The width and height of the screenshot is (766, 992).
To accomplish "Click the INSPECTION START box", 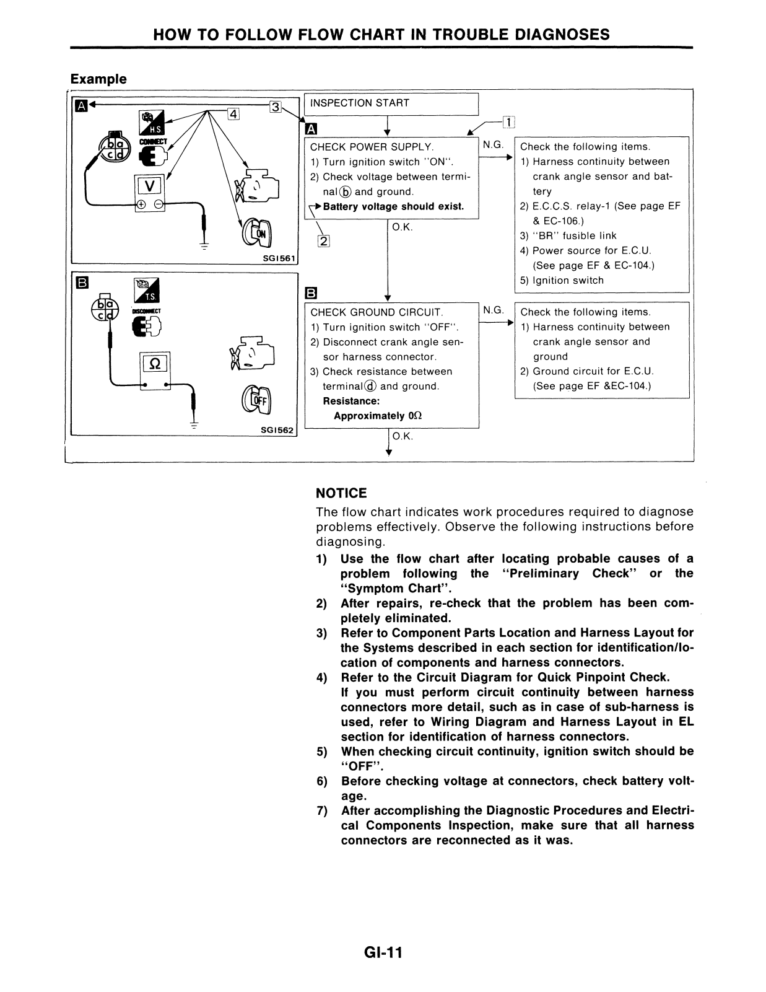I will [x=391, y=103].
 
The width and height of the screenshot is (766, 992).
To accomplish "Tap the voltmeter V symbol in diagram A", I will [x=149, y=186].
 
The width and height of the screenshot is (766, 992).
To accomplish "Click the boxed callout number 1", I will [x=507, y=122].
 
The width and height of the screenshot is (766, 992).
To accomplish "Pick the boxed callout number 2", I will [x=323, y=241].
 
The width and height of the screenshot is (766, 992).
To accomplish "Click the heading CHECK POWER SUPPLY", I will [x=371, y=147].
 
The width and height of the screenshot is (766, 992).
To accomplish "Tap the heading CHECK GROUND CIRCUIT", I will [x=376, y=312].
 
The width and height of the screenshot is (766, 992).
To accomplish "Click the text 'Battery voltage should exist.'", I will [x=393, y=206].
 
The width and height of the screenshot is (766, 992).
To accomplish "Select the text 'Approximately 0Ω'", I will [x=378, y=416].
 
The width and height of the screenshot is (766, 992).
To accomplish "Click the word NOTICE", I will [x=341, y=493].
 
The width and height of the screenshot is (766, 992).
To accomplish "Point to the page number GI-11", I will [x=383, y=953].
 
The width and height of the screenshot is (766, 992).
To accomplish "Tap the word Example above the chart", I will [x=98, y=79].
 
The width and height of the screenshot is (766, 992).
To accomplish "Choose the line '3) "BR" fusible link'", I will [x=568, y=235].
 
